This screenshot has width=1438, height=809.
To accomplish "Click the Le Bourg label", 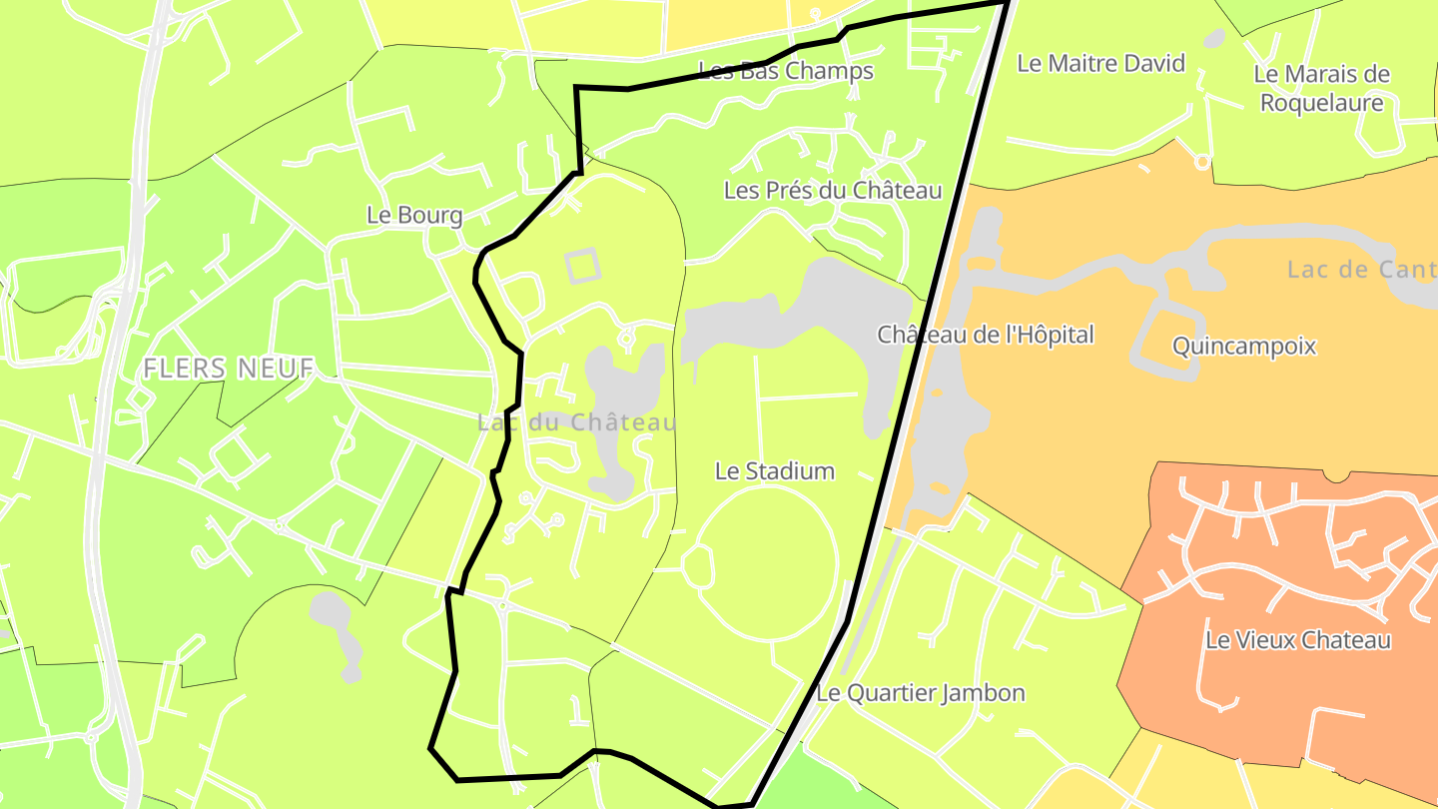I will pos(414,215).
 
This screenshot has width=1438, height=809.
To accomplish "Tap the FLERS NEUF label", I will pos(229,368).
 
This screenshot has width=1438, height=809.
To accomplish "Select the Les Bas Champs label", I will pos(786,71).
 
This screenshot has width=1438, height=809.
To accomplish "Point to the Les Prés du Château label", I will pos(832,190).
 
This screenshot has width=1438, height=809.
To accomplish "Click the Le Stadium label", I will pos(774,470).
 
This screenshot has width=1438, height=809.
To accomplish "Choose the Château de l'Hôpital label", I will pos(985,335).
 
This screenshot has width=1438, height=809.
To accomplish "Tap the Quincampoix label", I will pos(1244,347).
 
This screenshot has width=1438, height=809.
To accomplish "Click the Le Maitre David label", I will pos(1100,63).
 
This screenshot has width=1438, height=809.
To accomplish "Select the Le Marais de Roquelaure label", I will pos(1321,88).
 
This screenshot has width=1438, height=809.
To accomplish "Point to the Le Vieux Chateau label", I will pos(1297,640).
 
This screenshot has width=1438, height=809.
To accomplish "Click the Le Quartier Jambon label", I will pos(921,692).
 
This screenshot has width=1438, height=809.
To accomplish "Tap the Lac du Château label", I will pos(576,422).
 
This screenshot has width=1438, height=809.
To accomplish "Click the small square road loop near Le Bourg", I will pos(582,266).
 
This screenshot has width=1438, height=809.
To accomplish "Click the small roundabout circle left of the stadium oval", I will pos(699,566).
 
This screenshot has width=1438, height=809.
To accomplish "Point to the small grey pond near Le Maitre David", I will pos(1214,39).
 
